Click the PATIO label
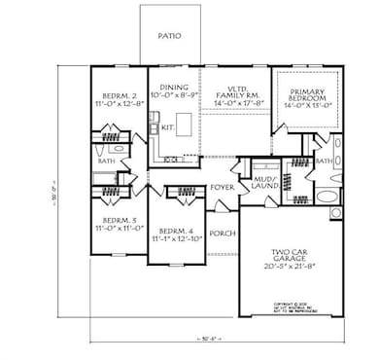tap(170, 34)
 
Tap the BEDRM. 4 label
tap(175, 229)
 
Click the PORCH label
tap(223, 233)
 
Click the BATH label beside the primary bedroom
tap(326, 161)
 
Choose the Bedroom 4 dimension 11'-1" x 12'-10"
tap(175, 238)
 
